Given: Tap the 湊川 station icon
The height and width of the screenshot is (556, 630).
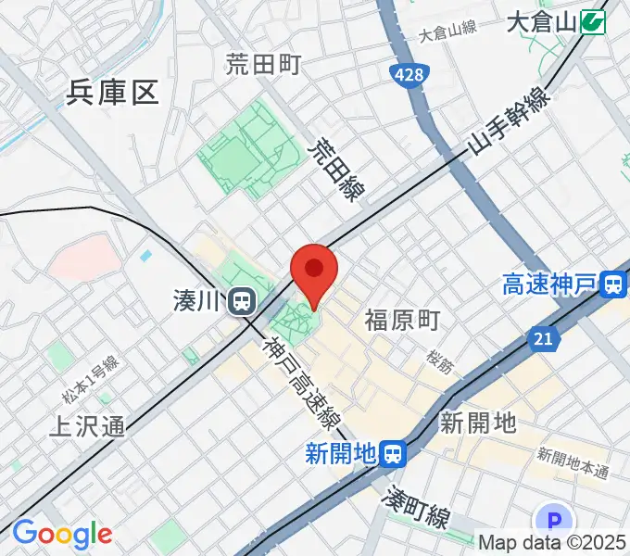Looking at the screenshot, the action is pyautogui.click(x=243, y=300).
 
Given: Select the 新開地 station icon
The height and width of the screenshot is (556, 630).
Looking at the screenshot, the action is pyautogui.click(x=394, y=453).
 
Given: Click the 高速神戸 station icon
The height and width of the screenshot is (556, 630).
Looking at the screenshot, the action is pyautogui.click(x=612, y=284).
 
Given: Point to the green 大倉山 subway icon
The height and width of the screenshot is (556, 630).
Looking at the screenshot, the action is pyautogui.click(x=593, y=21).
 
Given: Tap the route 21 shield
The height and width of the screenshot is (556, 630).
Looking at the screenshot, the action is pyautogui.click(x=543, y=340).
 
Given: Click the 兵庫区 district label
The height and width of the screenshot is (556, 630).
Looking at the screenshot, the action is pyautogui.click(x=113, y=92).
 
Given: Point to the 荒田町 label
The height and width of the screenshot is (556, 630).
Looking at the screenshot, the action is pyautogui.click(x=264, y=64).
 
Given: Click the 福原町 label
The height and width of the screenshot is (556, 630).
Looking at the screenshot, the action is pyautogui.click(x=401, y=321).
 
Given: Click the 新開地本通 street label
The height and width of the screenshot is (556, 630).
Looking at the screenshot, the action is pyautogui.click(x=573, y=462).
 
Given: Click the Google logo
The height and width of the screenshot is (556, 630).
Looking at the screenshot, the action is pyautogui.click(x=61, y=534).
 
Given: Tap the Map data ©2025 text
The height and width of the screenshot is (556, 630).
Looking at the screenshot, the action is pyautogui.click(x=552, y=543).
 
